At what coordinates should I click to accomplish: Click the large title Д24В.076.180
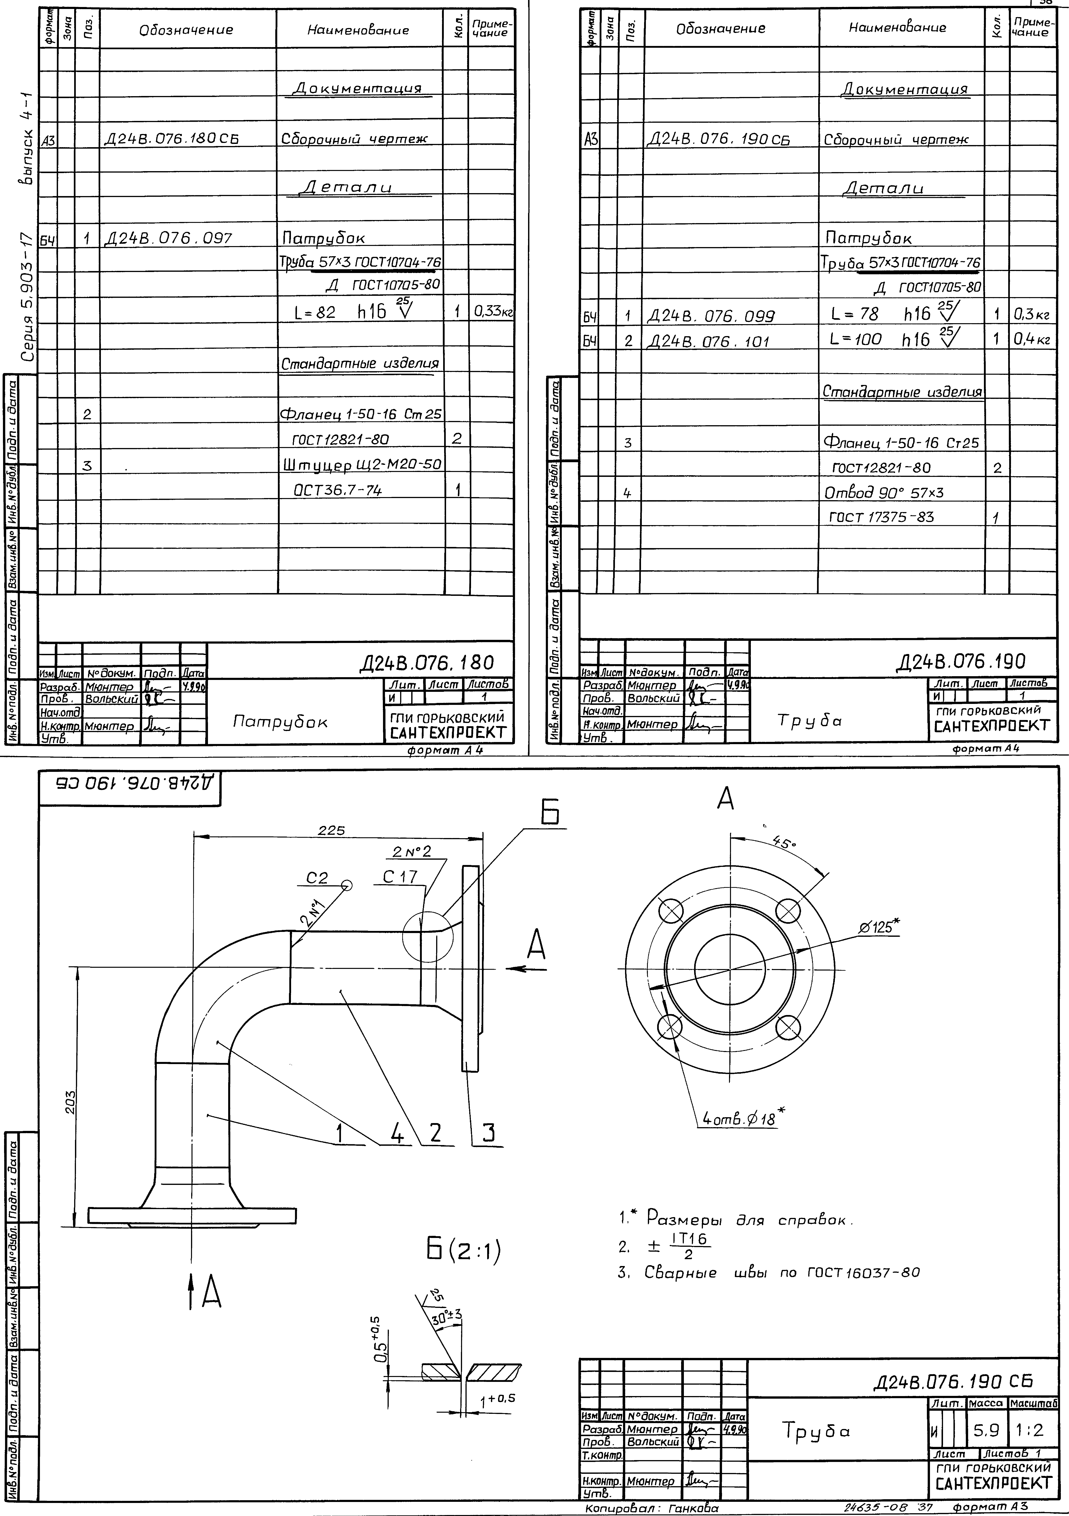pos(426,662)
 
